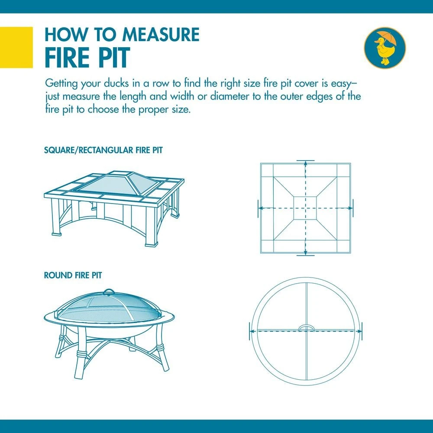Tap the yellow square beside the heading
pyautogui.click(x=16, y=47)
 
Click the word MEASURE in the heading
pyautogui.click(x=161, y=35)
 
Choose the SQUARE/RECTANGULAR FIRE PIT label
pyautogui.click(x=103, y=150)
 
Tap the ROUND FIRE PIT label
pyautogui.click(x=73, y=275)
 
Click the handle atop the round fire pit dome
pyautogui.click(x=109, y=291)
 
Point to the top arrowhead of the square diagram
pyautogui.click(x=305, y=163)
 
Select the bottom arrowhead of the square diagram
pyautogui.click(x=305, y=253)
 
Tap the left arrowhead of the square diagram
pyautogui.click(x=260, y=208)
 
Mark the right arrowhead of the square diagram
pyautogui.click(x=350, y=208)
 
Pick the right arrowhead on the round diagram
pyautogui.click(x=359, y=331)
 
